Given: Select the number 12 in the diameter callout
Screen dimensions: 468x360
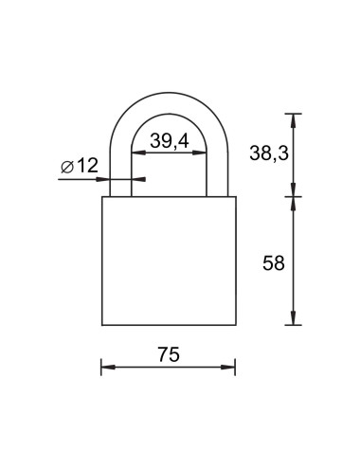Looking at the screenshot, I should (87, 166).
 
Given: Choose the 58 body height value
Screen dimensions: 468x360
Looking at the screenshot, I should (272, 262).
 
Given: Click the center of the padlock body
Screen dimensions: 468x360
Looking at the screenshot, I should (168, 261).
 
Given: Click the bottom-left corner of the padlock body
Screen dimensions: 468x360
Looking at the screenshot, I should (102, 325).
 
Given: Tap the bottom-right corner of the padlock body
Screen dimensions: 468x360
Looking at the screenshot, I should (234, 325).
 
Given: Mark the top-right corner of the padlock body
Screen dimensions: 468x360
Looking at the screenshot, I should (234, 197).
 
